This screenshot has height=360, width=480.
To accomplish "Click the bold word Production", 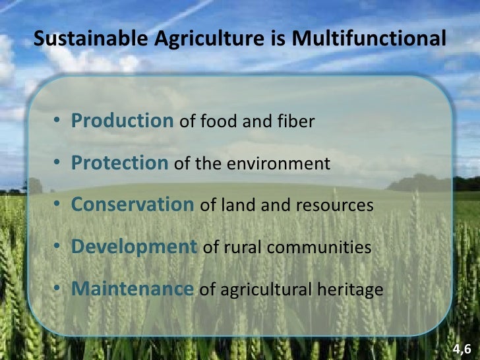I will pos(122,121).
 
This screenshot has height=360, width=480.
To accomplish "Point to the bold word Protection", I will pos(119,163).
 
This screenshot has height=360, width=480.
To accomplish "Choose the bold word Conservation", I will pos(133,205).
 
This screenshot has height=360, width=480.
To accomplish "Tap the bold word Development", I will pos(134,247).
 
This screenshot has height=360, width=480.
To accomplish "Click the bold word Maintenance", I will pos(132,289).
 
